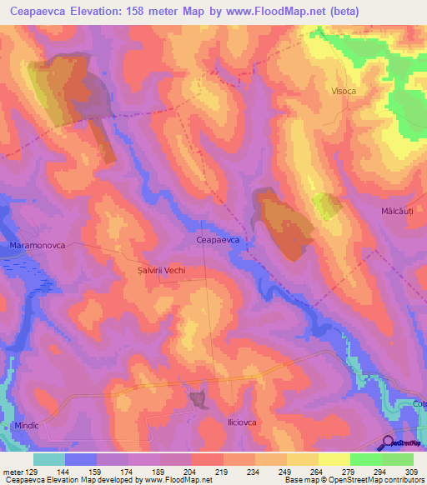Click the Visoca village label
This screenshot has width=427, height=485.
pyautogui.click(x=344, y=91)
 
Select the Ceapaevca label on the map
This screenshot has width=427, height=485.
pyautogui.click(x=218, y=239)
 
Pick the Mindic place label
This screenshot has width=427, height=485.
pyautogui.click(x=27, y=425)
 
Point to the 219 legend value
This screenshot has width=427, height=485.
pyautogui.click(x=224, y=469)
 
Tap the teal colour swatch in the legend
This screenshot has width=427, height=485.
pyautogui.click(x=49, y=458)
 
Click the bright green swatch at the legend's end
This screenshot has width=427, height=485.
pyautogui.click(x=398, y=458)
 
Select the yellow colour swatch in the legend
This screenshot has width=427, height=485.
pyautogui.click(x=334, y=458)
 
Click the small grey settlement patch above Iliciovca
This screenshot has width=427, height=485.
pyautogui.click(x=199, y=401)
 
